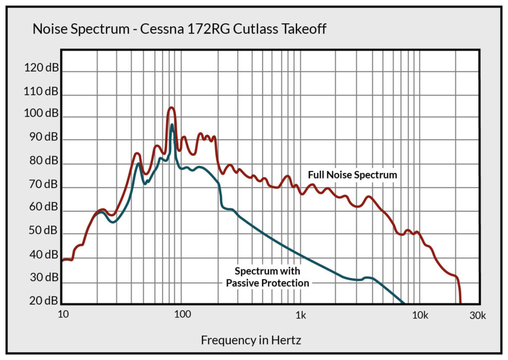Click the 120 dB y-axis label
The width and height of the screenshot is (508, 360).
tap(41, 68)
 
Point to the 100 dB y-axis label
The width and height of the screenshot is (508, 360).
tap(41, 114)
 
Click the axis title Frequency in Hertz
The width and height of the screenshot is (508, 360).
tap(251, 340)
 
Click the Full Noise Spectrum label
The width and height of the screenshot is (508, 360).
tap(353, 175)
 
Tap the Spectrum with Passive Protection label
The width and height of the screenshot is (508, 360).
tap(267, 277)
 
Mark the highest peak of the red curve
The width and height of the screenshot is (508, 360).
tap(171, 108)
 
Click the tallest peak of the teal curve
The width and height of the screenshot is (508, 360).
tap(172, 125)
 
